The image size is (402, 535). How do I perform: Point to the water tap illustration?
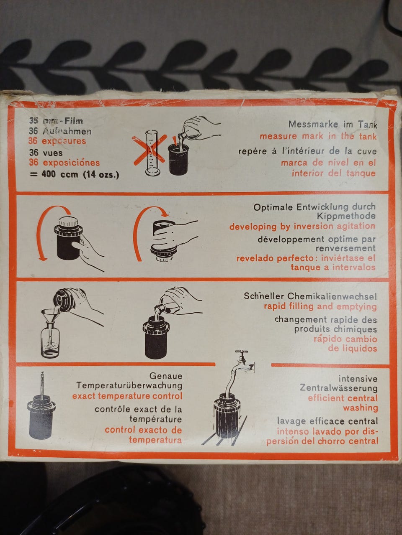pos(243,362)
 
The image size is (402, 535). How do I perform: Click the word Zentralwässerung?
pos(339,388)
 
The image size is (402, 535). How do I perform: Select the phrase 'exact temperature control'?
pos(127,396)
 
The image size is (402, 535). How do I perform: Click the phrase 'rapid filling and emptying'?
pos(320,306)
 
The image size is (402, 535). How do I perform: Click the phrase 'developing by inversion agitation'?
pos(302,227)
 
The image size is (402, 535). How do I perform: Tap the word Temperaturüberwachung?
pos(129,385)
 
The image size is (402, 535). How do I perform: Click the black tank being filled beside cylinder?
pos(178,159)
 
